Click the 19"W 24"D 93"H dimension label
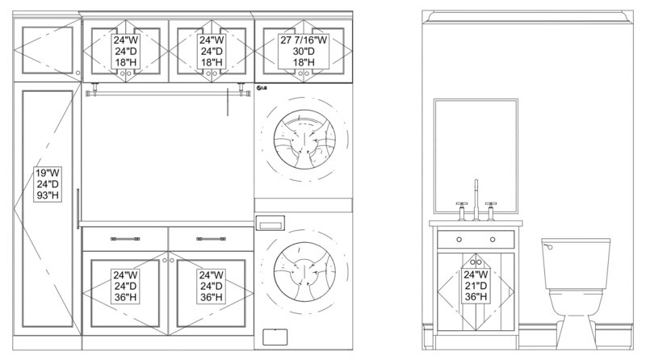[x=48, y=184]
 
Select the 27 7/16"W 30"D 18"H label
[x=304, y=51]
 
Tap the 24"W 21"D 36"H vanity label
[x=476, y=286]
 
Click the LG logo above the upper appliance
[x=261, y=88]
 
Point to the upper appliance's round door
[x=304, y=139]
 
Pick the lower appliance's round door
[x=304, y=272]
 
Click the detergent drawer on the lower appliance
[x=270, y=224]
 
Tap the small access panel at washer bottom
[x=275, y=337]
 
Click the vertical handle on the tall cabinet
[x=78, y=208]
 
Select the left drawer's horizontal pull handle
[x=125, y=239]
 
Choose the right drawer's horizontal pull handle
[x=211, y=239]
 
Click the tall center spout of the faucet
[x=476, y=199]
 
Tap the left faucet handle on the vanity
[x=462, y=211]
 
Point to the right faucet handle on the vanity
[x=491, y=211]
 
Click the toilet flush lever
[x=548, y=246]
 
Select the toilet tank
[x=576, y=264]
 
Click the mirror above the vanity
[x=476, y=156]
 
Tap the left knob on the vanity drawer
[x=459, y=239]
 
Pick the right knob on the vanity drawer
[x=493, y=239]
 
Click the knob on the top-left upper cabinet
[x=78, y=73]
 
